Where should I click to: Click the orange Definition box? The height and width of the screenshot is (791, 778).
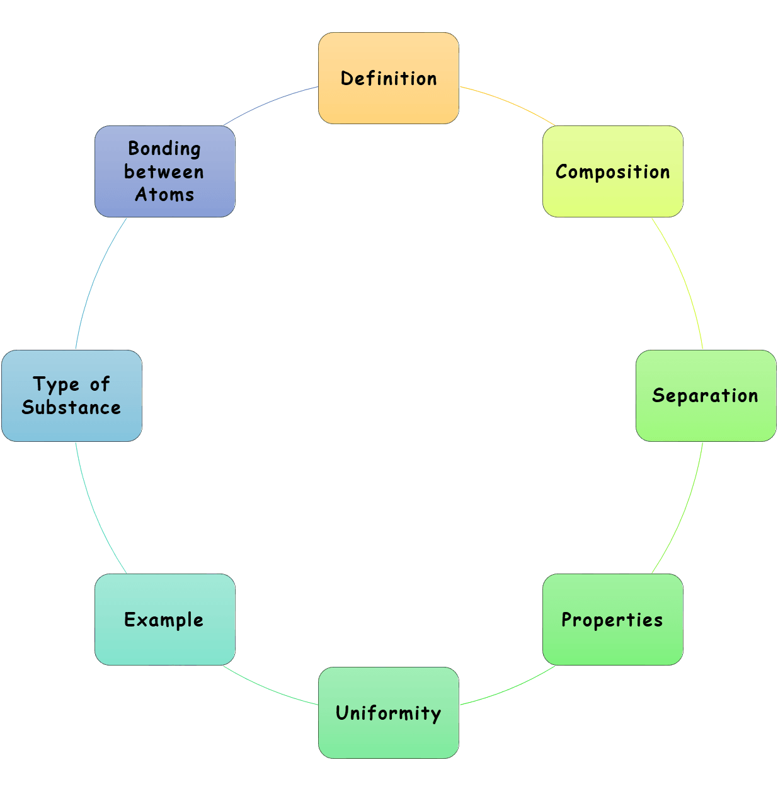(389, 78)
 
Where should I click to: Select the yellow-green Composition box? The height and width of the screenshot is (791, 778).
(612, 171)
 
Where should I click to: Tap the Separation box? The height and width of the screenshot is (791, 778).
(706, 396)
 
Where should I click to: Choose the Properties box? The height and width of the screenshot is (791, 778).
(612, 620)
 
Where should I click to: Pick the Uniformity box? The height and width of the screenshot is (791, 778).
(389, 713)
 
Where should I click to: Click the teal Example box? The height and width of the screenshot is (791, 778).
(164, 620)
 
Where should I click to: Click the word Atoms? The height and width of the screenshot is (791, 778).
(164, 195)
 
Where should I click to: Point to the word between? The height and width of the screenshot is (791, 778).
(164, 172)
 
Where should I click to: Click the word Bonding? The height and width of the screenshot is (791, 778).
(164, 149)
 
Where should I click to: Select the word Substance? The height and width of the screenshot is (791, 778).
(71, 408)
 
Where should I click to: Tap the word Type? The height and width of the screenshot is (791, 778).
(56, 384)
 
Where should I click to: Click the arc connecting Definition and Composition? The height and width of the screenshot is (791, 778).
(509, 103)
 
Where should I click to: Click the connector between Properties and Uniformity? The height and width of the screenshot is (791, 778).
(509, 688)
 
